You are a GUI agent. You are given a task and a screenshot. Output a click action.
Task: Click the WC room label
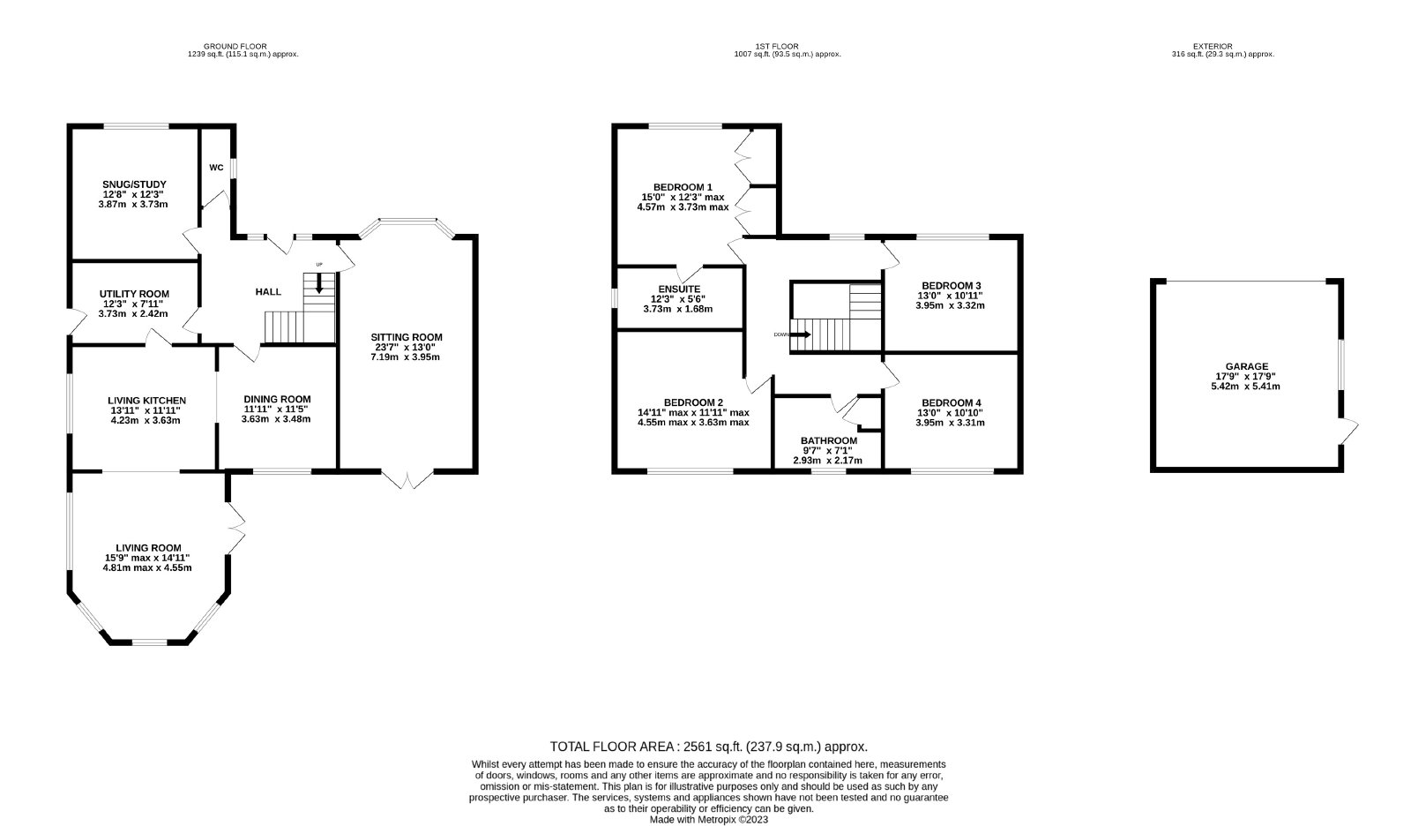click(x=216, y=168)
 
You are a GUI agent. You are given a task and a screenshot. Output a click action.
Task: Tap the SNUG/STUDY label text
click(x=134, y=184)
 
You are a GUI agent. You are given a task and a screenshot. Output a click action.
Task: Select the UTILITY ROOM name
click(x=134, y=294)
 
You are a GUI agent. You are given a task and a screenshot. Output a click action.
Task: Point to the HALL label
click(x=268, y=292)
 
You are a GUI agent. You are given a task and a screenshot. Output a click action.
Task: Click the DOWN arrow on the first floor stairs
click(x=800, y=334)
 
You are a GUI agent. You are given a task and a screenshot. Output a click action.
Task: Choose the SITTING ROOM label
click(x=407, y=337)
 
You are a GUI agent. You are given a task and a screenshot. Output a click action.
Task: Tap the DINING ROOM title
click(x=277, y=399)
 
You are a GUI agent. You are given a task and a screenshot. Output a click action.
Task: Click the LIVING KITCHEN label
click(x=146, y=401)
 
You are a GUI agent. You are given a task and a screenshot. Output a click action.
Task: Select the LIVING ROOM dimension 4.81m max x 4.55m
click(x=147, y=567)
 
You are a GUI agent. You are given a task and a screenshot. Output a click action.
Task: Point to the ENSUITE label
click(x=679, y=289)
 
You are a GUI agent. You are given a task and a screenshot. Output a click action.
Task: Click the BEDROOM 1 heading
click(x=683, y=187)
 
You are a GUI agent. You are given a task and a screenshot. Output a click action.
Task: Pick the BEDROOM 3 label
click(x=952, y=286)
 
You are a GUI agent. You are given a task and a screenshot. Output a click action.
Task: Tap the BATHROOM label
click(x=829, y=440)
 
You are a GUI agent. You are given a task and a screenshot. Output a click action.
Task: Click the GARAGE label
click(x=1247, y=366)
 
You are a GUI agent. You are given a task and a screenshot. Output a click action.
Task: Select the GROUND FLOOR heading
click(x=235, y=46)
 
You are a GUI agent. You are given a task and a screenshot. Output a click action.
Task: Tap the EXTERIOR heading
click(x=1213, y=46)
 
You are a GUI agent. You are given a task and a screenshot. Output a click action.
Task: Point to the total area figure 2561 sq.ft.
click(x=711, y=747)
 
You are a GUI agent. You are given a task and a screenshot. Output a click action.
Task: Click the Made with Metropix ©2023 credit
click(x=709, y=820)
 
